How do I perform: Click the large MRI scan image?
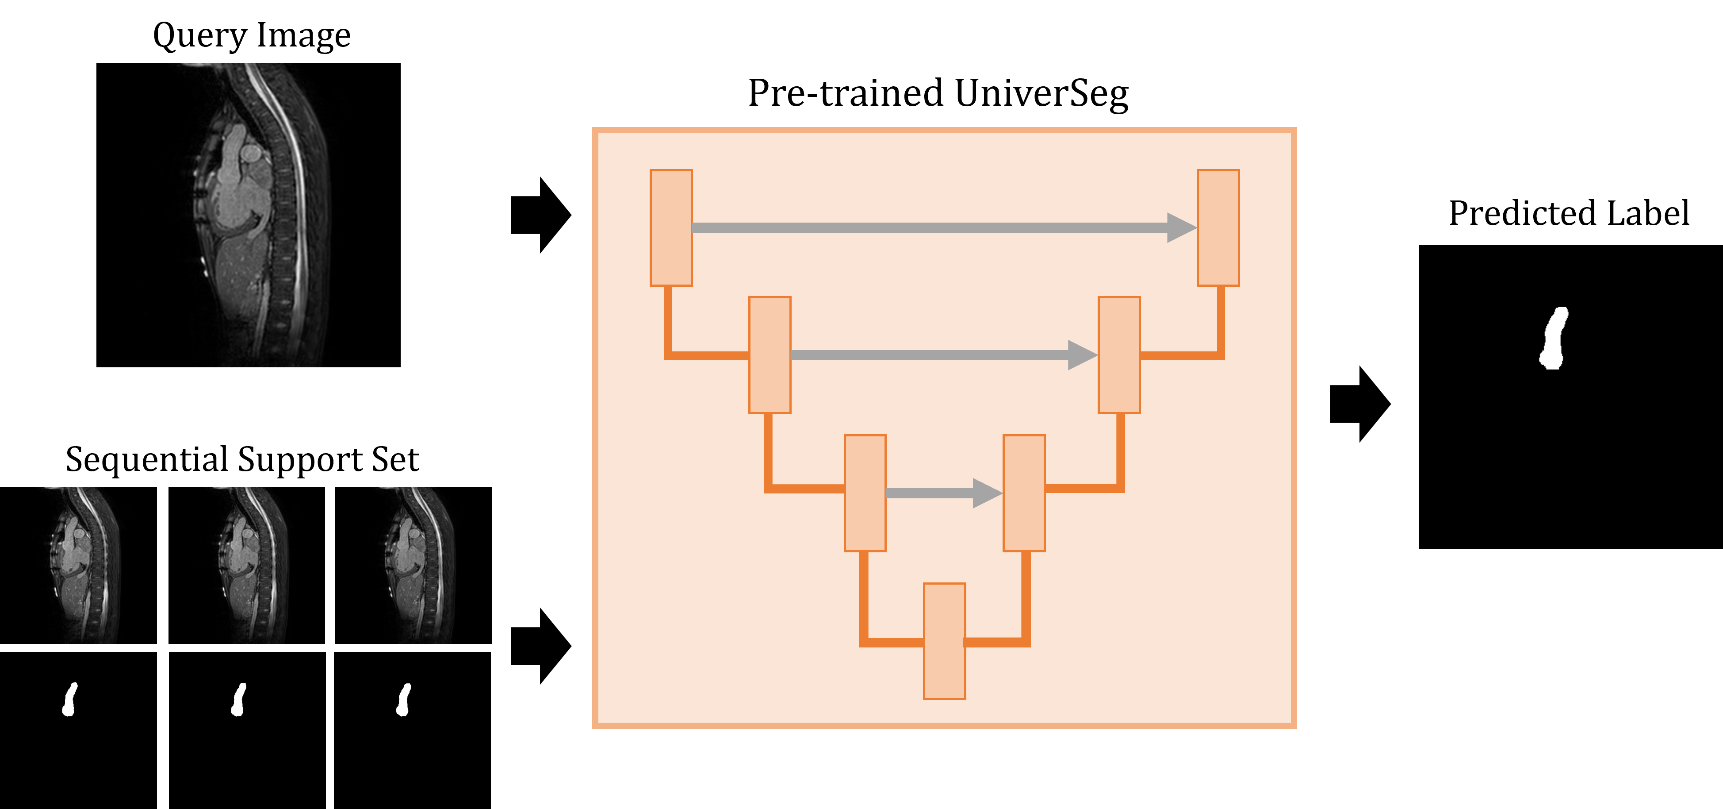257,214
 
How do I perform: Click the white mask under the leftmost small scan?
69,701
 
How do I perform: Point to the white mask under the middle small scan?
238,701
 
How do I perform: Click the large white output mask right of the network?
1554,339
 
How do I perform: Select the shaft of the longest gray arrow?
930,227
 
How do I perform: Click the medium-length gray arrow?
930,354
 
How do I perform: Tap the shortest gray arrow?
930,493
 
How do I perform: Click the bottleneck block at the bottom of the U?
944,641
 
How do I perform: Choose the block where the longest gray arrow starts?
671,227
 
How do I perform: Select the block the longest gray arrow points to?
1218,227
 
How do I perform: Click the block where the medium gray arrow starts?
770,354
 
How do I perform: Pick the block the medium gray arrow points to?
1119,354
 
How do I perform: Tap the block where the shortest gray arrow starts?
865,493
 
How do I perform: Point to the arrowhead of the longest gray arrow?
1180,227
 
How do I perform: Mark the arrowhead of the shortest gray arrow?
987,493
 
